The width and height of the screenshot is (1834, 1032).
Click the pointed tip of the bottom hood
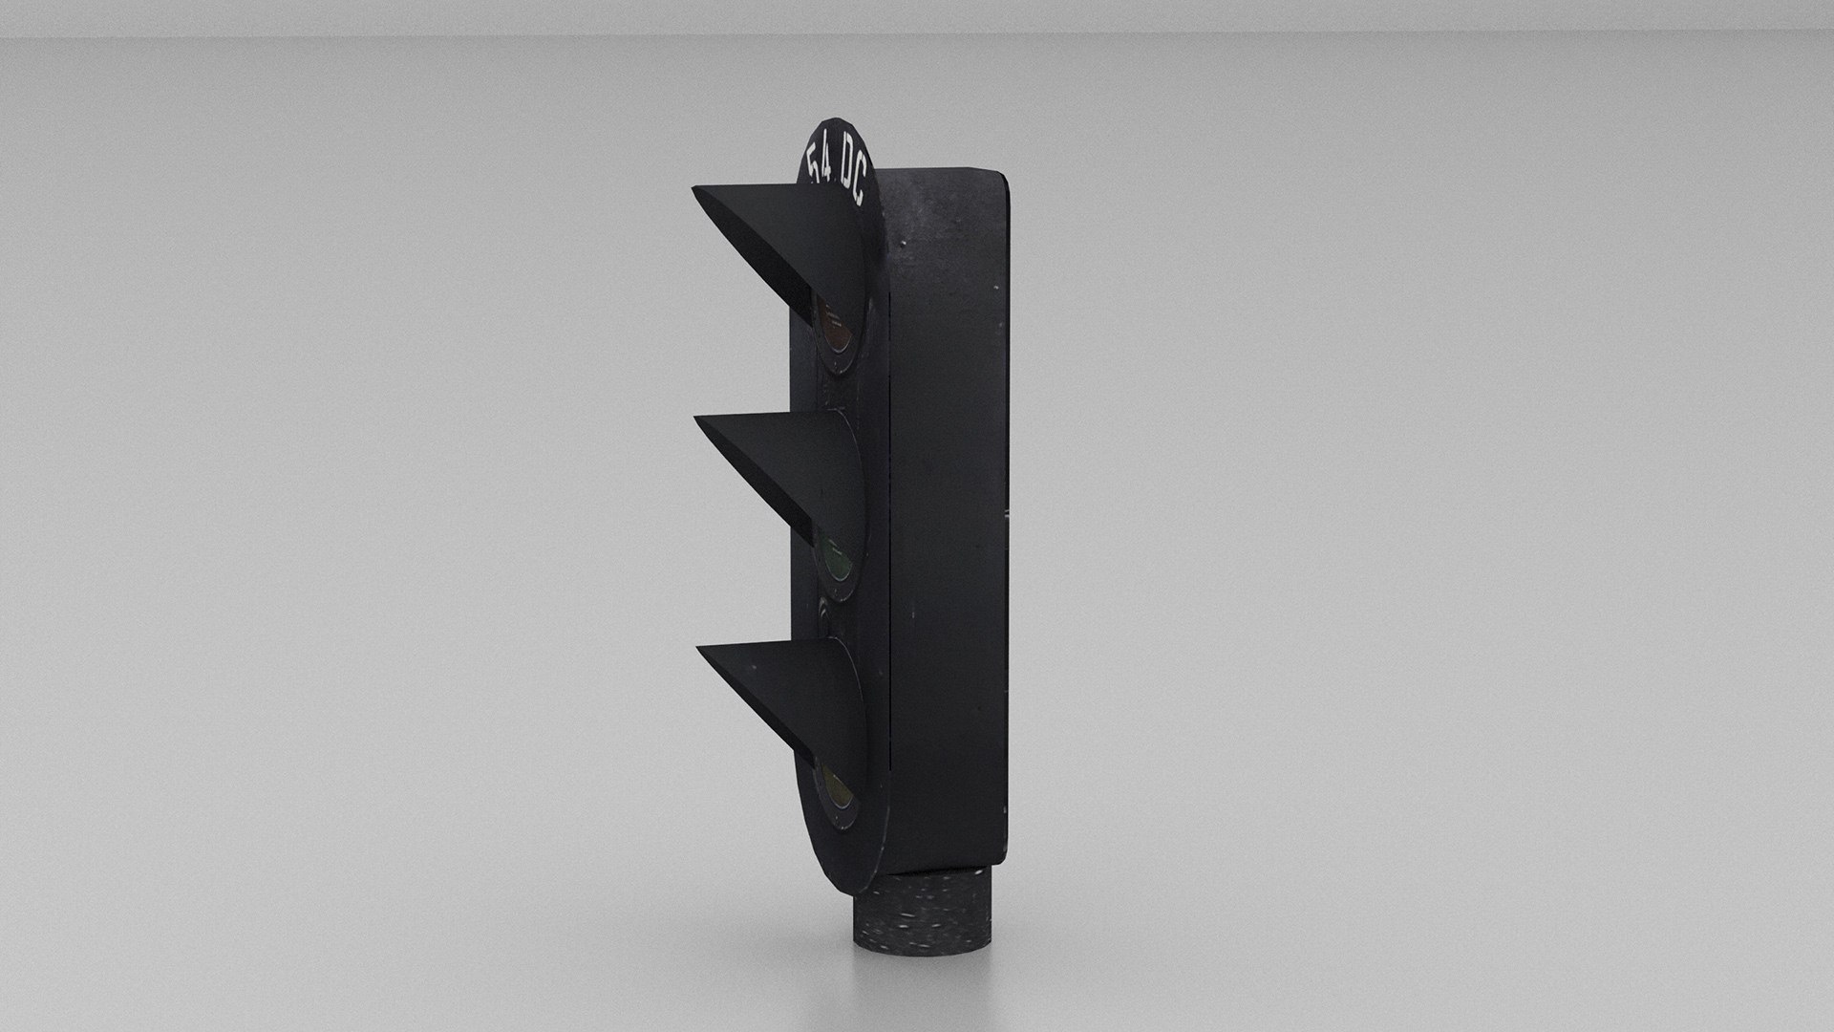[702, 650]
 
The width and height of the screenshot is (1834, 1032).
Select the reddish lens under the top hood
[839, 334]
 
